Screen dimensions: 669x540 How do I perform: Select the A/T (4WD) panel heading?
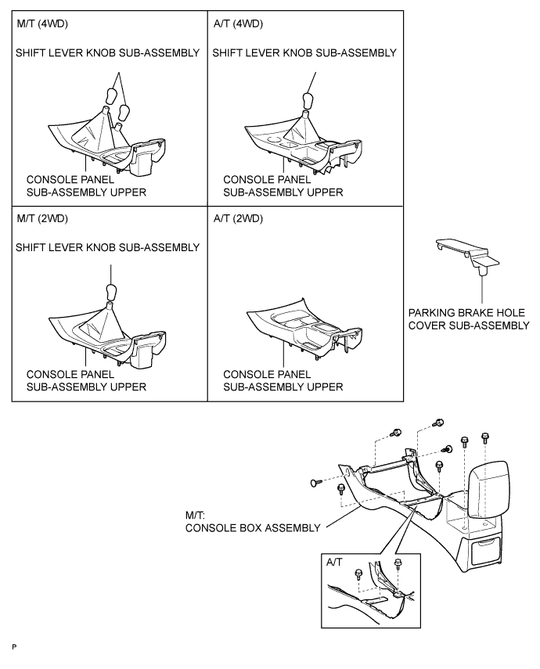pyautogui.click(x=238, y=24)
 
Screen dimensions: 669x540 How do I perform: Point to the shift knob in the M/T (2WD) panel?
pyautogui.click(x=110, y=293)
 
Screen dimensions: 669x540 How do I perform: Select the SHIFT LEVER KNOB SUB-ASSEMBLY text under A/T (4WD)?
pyautogui.click(x=304, y=53)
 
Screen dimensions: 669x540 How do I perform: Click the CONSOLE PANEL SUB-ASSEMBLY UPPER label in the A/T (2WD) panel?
pyautogui.click(x=283, y=380)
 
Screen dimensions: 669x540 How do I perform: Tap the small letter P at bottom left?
pyautogui.click(x=13, y=649)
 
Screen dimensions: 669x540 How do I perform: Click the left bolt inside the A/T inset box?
pyautogui.click(x=358, y=577)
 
